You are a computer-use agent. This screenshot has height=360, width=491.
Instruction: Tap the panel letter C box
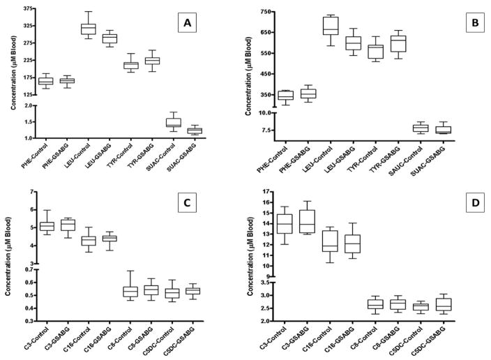pos(187,203)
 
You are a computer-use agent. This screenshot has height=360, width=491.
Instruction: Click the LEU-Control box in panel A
pos(88,29)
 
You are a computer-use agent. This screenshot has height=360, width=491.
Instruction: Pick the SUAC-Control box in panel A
pos(174,121)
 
